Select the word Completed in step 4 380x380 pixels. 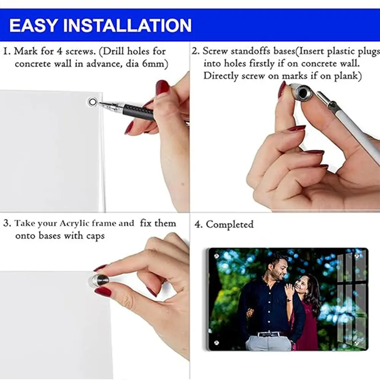pyautogui.click(x=230, y=225)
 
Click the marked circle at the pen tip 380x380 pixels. pyautogui.click(x=92, y=102)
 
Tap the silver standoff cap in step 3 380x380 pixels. pyautogui.click(x=99, y=281)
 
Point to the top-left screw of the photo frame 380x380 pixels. pyautogui.click(x=217, y=256)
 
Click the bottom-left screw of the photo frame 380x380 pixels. pyautogui.click(x=217, y=342)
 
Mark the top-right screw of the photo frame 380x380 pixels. pyautogui.click(x=357, y=256)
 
